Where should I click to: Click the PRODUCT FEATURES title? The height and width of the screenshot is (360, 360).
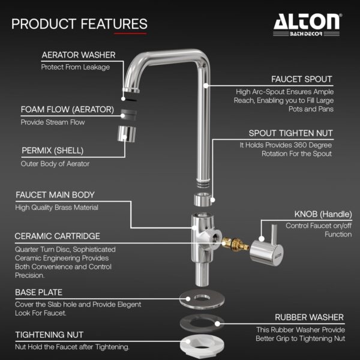(x=79, y=24)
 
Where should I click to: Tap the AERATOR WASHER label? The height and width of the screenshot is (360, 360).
(x=79, y=55)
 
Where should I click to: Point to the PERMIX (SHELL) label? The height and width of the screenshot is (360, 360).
(x=52, y=151)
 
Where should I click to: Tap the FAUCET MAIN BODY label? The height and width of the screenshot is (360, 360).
(x=55, y=195)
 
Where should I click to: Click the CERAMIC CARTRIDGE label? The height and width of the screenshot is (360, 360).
(x=58, y=236)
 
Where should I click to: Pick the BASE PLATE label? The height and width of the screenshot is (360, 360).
(x=41, y=292)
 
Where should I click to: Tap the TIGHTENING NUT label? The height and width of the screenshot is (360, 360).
(x=49, y=335)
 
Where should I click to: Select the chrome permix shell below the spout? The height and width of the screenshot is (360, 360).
(x=126, y=135)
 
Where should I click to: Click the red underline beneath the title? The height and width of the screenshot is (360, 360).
(x=130, y=34)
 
